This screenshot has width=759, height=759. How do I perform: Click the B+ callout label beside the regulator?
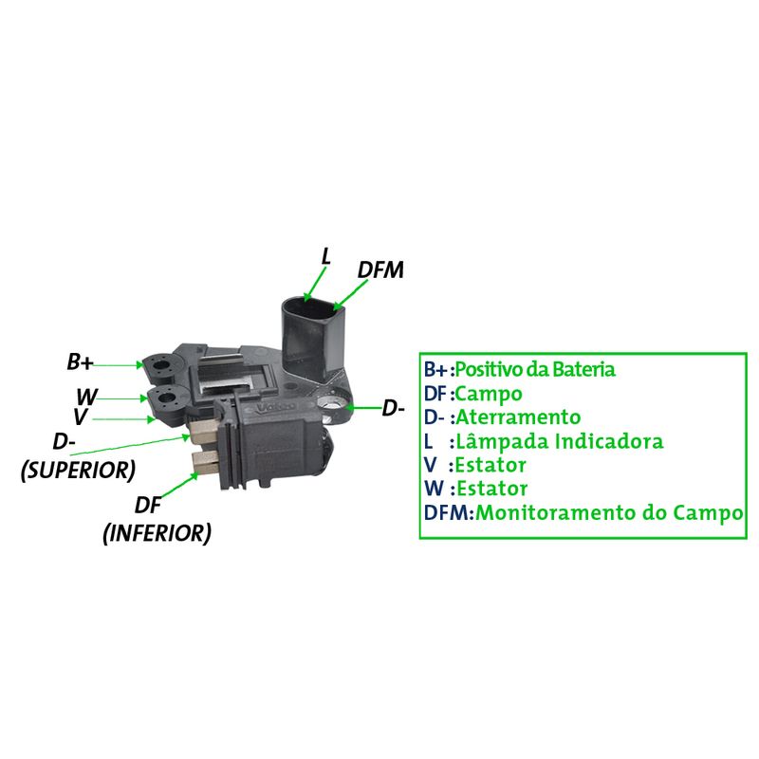point(80,362)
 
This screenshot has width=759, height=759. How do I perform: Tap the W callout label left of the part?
point(87,397)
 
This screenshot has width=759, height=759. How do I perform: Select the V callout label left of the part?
point(81,417)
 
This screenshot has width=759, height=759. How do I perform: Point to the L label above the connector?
point(326,256)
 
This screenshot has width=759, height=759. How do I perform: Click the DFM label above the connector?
point(380,270)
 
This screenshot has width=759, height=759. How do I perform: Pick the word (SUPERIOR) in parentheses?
point(78,470)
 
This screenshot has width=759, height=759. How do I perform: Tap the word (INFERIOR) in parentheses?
point(157,533)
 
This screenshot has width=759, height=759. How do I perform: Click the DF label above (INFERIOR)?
point(148,506)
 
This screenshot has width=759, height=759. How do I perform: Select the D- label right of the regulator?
point(393,409)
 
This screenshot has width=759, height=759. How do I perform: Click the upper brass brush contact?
point(204,433)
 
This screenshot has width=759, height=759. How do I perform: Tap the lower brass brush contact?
point(205,460)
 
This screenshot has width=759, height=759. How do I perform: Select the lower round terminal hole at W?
point(165,399)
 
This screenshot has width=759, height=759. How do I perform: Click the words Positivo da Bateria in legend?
point(535,369)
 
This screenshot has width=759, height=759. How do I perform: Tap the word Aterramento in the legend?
point(518,417)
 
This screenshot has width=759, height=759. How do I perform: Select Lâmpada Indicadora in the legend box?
point(559,441)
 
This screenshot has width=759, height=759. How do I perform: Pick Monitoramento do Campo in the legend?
point(609,513)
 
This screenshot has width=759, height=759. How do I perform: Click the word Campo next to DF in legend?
point(489,394)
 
